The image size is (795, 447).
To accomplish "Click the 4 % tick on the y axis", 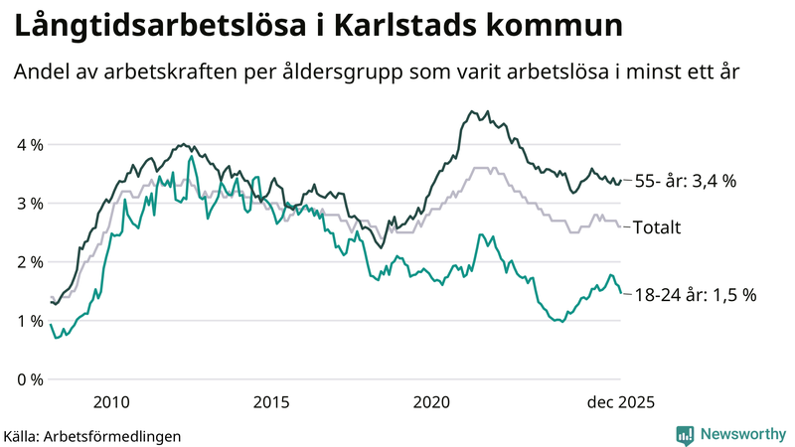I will click(x=29, y=145).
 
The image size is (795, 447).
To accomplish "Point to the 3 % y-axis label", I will click(x=29, y=204).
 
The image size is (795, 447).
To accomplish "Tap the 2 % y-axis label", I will click(x=29, y=262).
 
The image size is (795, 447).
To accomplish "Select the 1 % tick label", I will click(x=29, y=321).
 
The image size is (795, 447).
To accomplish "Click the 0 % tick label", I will click(x=29, y=379).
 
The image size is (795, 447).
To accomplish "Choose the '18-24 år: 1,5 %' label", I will click(x=696, y=294).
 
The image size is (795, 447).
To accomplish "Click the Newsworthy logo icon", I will click(x=685, y=434).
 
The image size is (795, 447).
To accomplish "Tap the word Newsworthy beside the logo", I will click(x=741, y=434).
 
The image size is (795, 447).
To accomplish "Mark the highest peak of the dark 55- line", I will click(x=469, y=111).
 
